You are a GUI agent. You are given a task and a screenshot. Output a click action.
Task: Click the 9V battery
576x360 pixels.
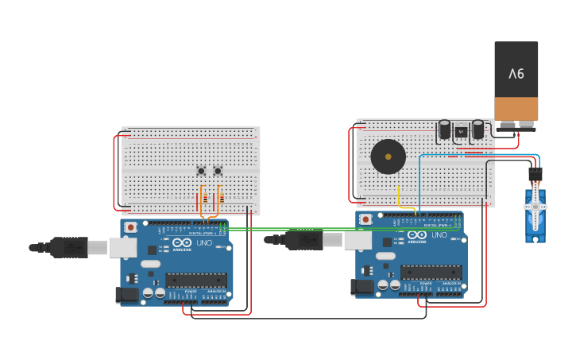coord(516,81)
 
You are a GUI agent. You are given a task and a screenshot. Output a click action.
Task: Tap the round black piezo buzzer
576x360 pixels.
coord(388,157)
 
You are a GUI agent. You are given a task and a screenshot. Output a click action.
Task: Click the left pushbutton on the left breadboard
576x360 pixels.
coord(201,171)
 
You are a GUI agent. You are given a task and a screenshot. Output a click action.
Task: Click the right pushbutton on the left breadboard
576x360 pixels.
coord(218,171)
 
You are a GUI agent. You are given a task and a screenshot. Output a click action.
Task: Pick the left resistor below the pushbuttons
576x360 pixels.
coord(205,198)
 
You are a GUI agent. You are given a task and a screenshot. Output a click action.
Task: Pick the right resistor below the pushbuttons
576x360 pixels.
coord(222,198)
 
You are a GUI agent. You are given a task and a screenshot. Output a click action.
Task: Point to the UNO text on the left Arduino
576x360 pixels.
coord(206,243)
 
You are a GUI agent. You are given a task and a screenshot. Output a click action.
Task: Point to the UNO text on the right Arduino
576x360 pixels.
coord(439,235)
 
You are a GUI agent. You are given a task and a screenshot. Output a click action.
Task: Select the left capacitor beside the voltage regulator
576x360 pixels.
coord(445,130)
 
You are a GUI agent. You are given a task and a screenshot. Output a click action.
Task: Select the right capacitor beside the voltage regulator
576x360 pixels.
coord(478,130)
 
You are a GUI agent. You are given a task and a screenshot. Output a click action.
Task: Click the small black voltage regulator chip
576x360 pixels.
coord(461,133)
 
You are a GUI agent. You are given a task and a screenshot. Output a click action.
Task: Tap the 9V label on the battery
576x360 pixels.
coord(516,74)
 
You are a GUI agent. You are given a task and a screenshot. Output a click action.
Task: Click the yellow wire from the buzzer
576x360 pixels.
coord(399,196)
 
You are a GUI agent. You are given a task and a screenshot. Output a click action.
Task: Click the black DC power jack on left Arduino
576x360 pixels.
coord(126,296)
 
